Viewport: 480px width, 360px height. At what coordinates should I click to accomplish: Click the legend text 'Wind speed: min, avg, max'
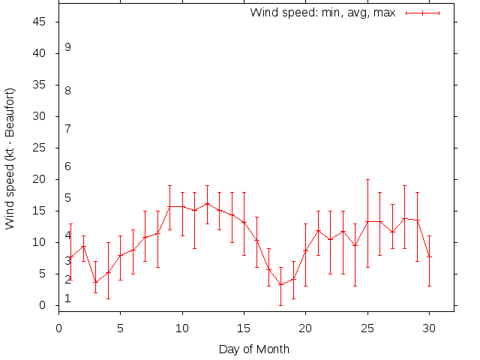[x=322, y=13]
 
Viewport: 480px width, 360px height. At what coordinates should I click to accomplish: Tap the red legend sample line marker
[x=422, y=13]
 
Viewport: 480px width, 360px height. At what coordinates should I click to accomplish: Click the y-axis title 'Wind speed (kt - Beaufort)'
[x=10, y=158]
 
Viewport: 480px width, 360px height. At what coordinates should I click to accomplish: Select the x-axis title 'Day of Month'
[x=253, y=349]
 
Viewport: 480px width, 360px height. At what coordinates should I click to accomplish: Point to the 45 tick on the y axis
[x=40, y=22]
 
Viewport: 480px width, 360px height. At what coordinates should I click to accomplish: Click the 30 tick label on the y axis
[x=40, y=116]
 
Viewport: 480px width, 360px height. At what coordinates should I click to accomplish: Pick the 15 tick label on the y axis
[x=40, y=211]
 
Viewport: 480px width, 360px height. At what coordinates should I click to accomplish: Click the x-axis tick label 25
[x=367, y=326]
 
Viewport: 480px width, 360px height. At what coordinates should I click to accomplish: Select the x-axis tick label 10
[x=182, y=326]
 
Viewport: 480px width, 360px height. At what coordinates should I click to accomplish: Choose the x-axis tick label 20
[x=306, y=326]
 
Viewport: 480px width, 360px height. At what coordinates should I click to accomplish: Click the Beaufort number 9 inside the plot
[x=67, y=47]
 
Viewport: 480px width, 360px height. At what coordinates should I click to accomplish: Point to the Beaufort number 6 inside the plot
[x=67, y=166]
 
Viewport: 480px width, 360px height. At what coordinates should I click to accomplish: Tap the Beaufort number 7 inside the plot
[x=67, y=129]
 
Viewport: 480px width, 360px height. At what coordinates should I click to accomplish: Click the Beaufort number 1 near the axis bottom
[x=67, y=298]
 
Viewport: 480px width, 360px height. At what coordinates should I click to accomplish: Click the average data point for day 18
[x=281, y=284]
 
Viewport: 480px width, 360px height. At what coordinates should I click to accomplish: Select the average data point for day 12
[x=207, y=203]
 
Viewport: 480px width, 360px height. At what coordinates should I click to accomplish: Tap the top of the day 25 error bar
[x=367, y=179]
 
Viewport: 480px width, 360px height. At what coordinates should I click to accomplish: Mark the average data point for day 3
[x=95, y=282]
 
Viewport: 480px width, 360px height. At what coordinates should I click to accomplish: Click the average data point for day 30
[x=429, y=256]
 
